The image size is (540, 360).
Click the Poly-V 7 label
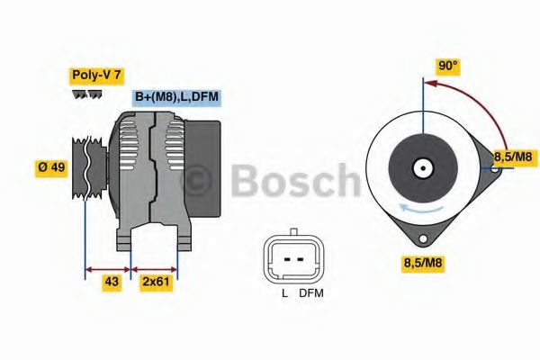pyautogui.click(x=97, y=76)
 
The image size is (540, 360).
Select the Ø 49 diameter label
pyautogui.click(x=51, y=167)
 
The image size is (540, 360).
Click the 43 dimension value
pyautogui.click(x=111, y=283)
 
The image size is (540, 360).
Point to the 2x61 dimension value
pyautogui.click(x=155, y=283)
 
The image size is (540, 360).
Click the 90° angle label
pyautogui.click(x=448, y=66)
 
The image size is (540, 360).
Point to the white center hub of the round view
pyautogui.click(x=421, y=167)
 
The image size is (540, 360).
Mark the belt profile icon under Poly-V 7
pyautogui.click(x=87, y=94)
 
